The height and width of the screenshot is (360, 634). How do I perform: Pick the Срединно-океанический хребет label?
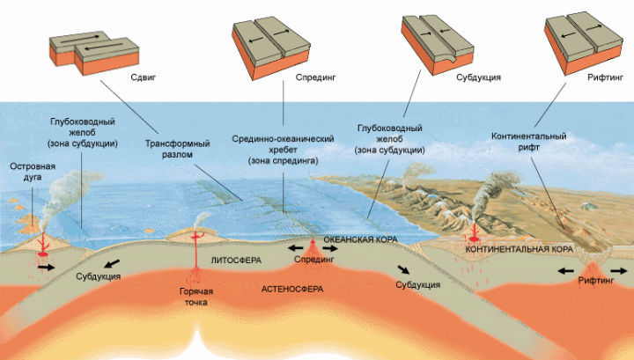click(x=282, y=150)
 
